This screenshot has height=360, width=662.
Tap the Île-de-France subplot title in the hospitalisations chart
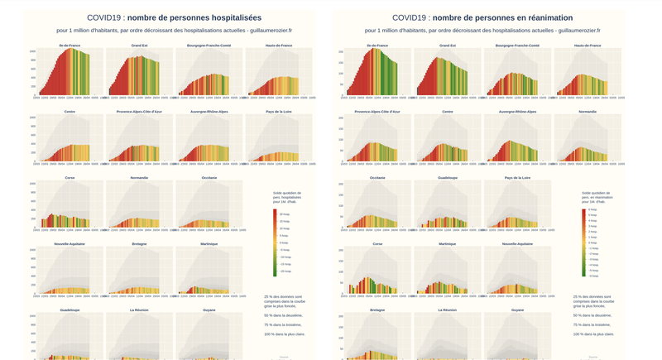pyautogui.click(x=70, y=46)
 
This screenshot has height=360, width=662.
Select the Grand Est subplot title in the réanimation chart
pyautogui.click(x=448, y=46)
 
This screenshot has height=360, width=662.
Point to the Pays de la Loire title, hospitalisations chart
pyautogui.click(x=279, y=112)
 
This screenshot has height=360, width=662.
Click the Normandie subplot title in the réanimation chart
pyautogui.click(x=588, y=112)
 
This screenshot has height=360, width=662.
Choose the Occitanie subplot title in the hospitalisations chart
pyautogui.click(x=209, y=178)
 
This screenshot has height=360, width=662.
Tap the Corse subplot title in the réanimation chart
pyautogui.click(x=377, y=244)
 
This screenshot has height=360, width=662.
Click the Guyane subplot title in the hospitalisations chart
pyautogui.click(x=209, y=310)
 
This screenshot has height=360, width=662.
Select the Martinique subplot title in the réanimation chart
pyautogui.click(x=448, y=244)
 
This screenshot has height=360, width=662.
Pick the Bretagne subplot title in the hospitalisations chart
pyautogui.click(x=139, y=244)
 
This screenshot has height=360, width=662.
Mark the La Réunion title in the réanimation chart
pyautogui.click(x=448, y=310)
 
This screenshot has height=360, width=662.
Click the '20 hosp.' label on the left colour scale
pyautogui.click(x=284, y=214)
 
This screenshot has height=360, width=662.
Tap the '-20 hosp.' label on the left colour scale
pyautogui.click(x=284, y=271)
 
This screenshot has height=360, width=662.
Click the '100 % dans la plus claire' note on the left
pyautogui.click(x=281, y=334)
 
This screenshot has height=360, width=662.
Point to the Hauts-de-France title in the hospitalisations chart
pyautogui.click(x=279, y=46)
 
